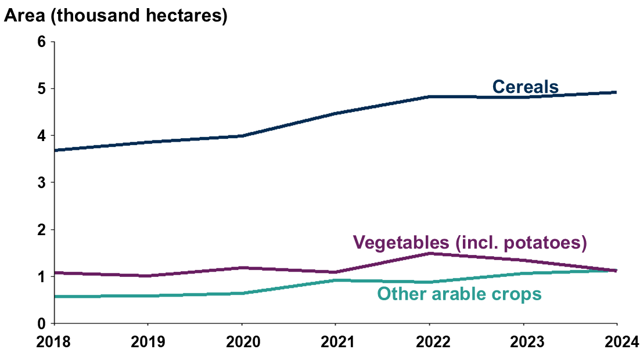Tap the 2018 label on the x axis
(54, 341)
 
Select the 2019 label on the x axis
(148, 341)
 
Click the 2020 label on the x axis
(242, 341)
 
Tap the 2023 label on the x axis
(523, 341)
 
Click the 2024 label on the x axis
(617, 341)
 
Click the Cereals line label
(525, 87)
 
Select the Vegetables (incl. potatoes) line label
(469, 242)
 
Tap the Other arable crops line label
(459, 294)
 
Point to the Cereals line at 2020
(242, 136)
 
